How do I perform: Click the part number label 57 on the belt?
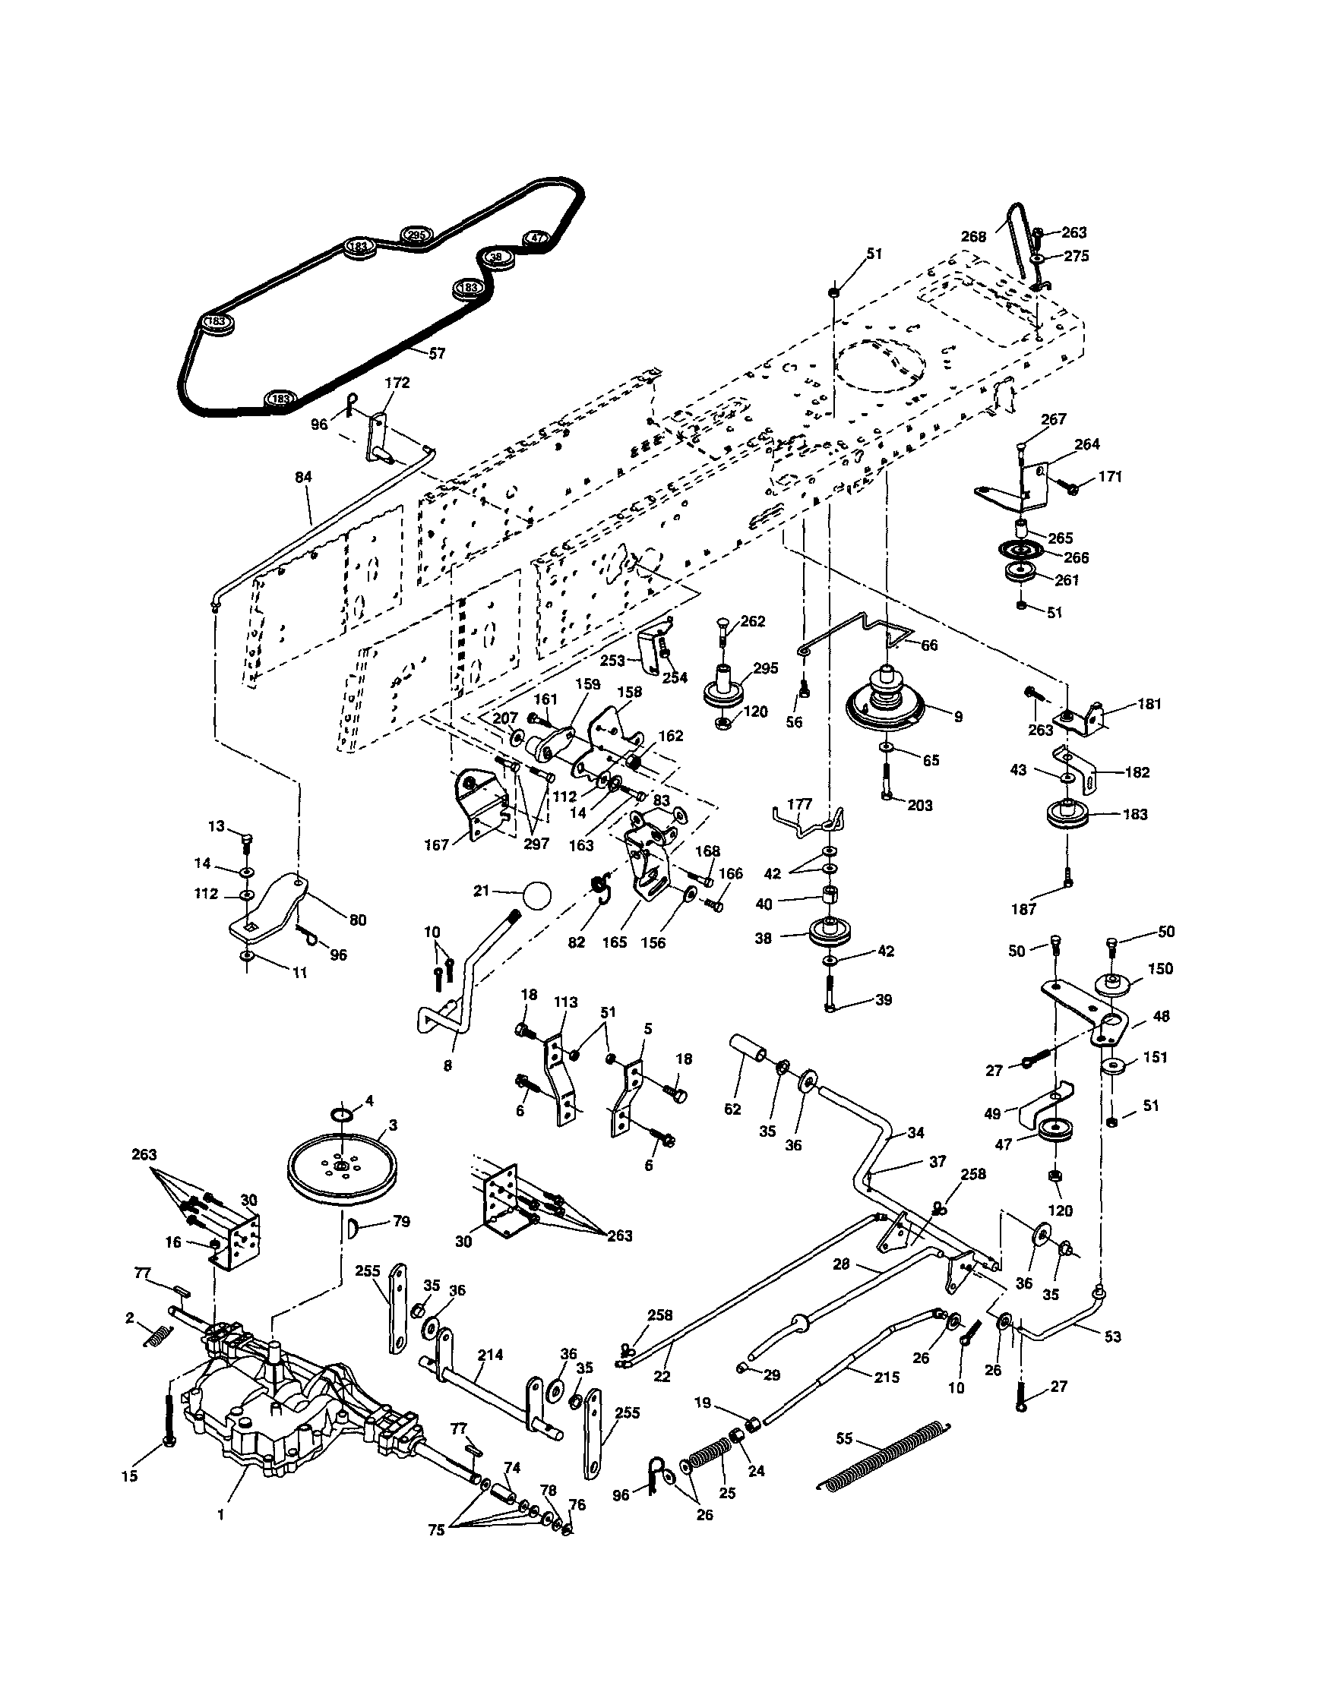(437, 354)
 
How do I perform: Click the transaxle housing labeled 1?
(258, 1402)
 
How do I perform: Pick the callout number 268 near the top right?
(973, 237)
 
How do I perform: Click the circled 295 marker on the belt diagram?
(416, 235)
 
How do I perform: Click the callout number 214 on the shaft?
(490, 1355)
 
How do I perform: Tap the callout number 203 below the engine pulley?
(919, 806)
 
